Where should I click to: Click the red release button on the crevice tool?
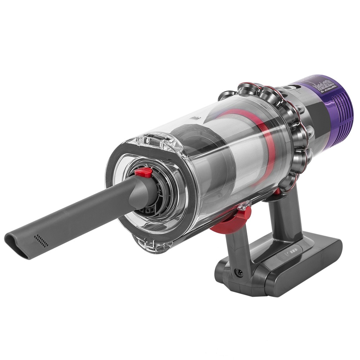pos(143,172)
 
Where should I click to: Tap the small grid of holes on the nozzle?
pos(41,240)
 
